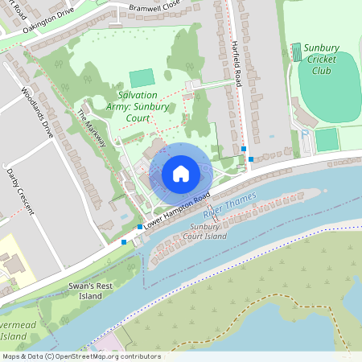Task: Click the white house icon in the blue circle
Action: [181, 173]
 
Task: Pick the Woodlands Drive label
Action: [37, 112]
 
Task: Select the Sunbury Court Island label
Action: [207, 232]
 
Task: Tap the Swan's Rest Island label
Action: [90, 290]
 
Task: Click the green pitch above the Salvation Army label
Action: [142, 78]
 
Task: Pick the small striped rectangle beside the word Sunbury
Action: [298, 51]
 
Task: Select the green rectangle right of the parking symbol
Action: [326, 139]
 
